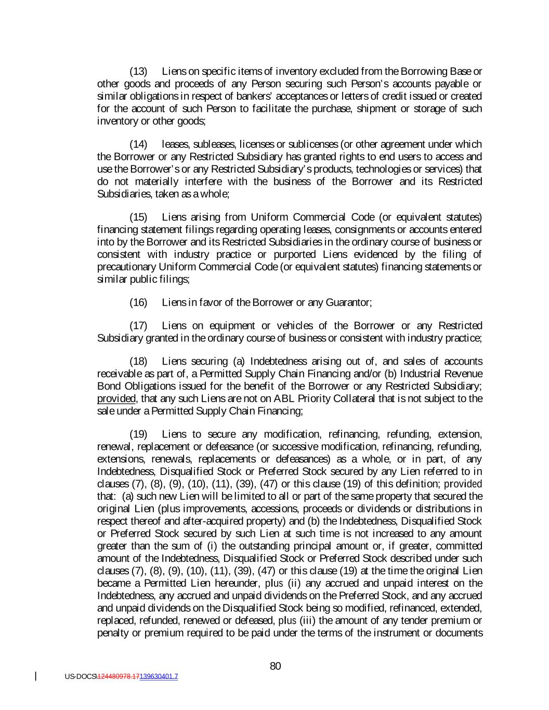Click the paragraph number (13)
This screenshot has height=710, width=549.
point(138,71)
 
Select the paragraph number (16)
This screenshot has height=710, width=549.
point(138,303)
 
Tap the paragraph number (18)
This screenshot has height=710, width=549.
point(138,362)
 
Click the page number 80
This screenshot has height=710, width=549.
point(276,666)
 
